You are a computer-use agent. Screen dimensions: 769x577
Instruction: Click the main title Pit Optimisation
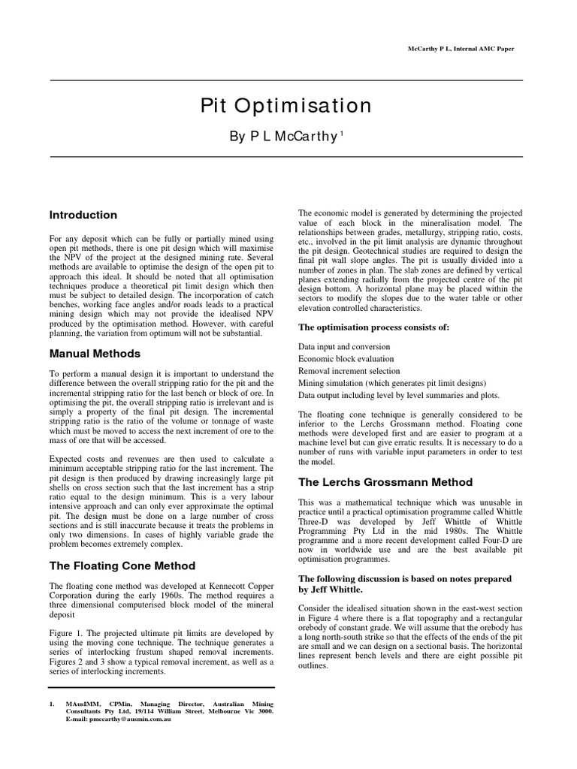click(285, 105)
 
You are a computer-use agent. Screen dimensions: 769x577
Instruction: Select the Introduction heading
click(83, 215)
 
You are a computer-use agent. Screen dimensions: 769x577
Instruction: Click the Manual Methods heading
click(95, 354)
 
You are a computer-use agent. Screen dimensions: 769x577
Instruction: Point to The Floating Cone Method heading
click(122, 565)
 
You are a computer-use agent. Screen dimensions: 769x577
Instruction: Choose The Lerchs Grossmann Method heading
click(385, 481)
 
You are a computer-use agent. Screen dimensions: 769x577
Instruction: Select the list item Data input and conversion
click(344, 346)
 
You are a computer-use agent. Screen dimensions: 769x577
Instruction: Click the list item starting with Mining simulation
click(392, 383)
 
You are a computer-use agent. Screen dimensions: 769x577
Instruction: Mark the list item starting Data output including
click(398, 395)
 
